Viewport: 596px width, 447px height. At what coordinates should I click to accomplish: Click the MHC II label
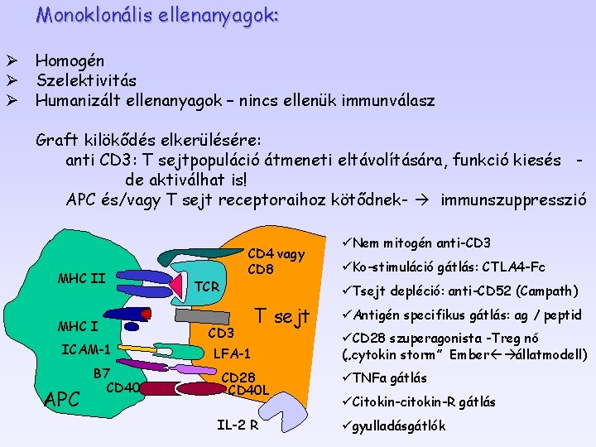coord(81,277)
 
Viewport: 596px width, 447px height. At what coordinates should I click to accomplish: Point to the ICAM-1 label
coord(86,348)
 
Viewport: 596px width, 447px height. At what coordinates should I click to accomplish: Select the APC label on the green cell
coord(62,400)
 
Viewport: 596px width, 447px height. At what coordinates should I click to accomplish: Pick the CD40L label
coord(248,390)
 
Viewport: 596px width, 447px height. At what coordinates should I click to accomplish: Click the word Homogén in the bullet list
coord(70,61)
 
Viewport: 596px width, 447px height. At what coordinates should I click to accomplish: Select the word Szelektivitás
coord(86,81)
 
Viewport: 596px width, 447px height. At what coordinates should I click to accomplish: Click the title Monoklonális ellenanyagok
coord(157,15)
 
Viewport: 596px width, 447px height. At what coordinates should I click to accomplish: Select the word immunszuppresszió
coord(514,199)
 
